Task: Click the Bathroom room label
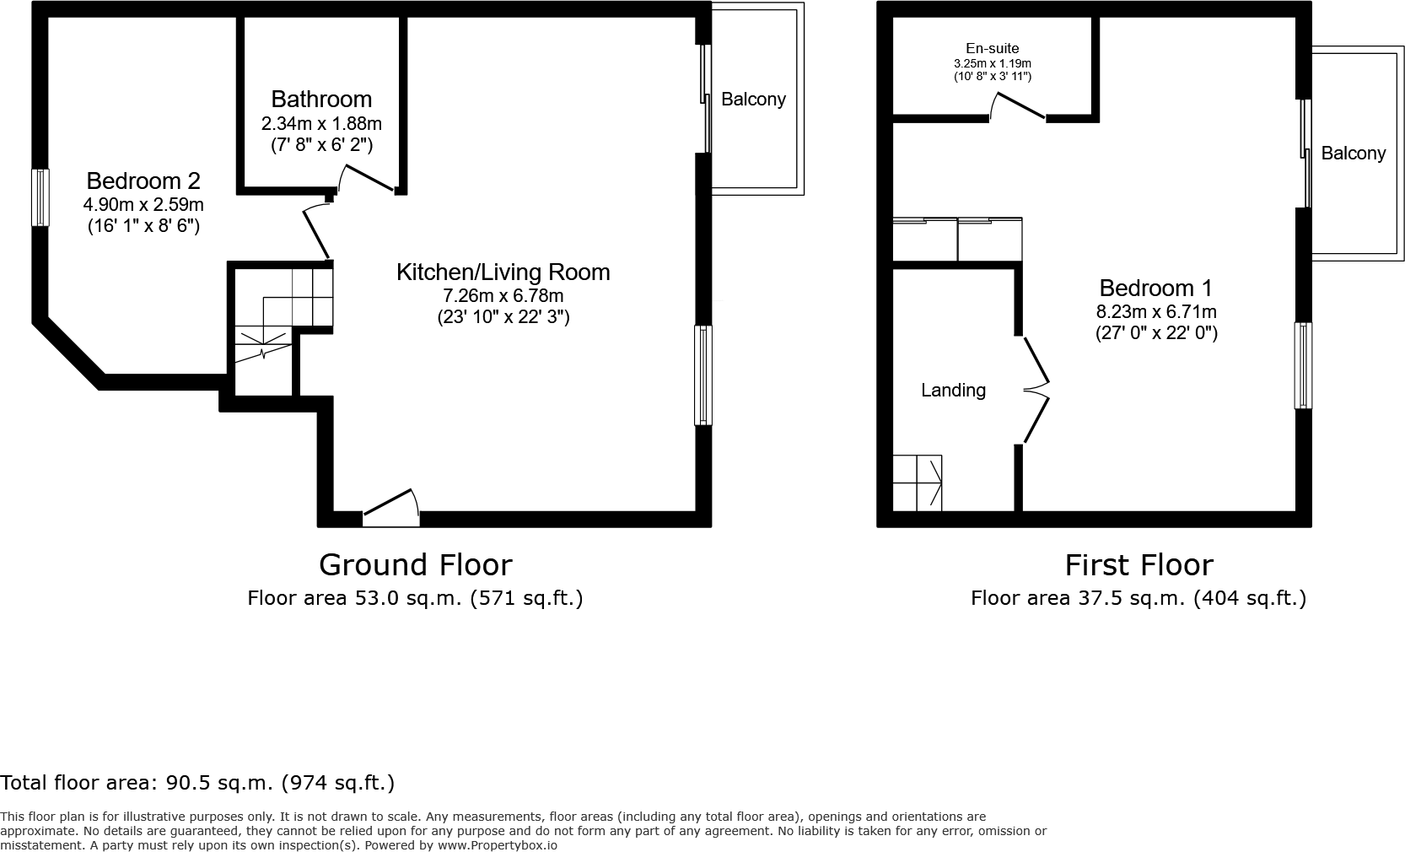pyautogui.click(x=321, y=100)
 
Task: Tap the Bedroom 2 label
pyautogui.click(x=143, y=181)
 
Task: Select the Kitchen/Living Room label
pyautogui.click(x=503, y=272)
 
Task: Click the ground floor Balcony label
pyautogui.click(x=753, y=100)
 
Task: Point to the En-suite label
pyautogui.click(x=992, y=49)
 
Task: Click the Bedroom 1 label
pyautogui.click(x=1155, y=288)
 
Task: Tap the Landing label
pyautogui.click(x=953, y=390)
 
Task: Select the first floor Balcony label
pyautogui.click(x=1353, y=154)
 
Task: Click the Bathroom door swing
pyautogui.click(x=366, y=178)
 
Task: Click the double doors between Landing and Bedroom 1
pyautogui.click(x=1036, y=391)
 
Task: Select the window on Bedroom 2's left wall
pyautogui.click(x=40, y=197)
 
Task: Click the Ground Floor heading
pyautogui.click(x=415, y=564)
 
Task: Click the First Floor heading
pyautogui.click(x=1139, y=564)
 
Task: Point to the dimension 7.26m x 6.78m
pyautogui.click(x=503, y=296)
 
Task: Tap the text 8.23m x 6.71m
pyautogui.click(x=1155, y=311)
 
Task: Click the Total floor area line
pyautogui.click(x=197, y=783)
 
